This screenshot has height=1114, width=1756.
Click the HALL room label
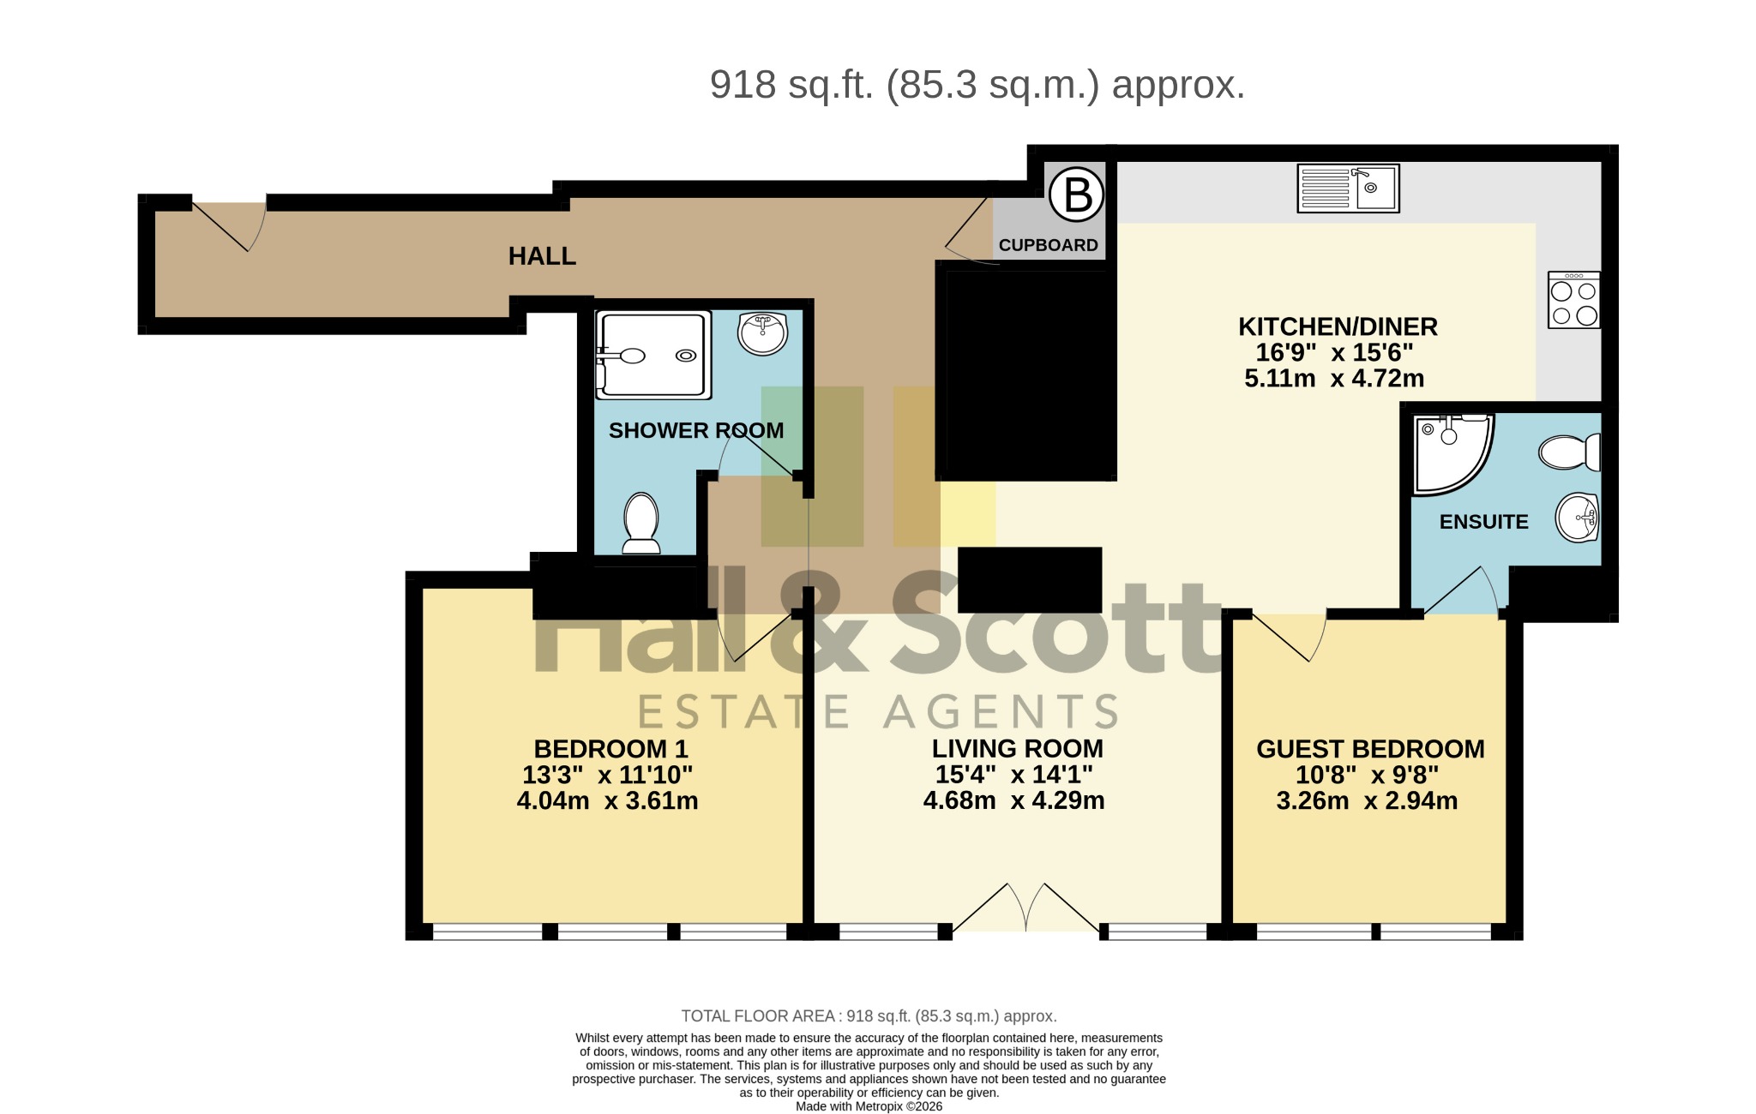(x=542, y=256)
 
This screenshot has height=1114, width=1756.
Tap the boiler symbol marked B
(x=1077, y=195)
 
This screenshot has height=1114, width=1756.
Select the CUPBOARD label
(x=1048, y=245)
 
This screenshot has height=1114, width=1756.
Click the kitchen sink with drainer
(x=1348, y=189)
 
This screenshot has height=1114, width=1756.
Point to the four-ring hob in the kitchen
(x=1574, y=300)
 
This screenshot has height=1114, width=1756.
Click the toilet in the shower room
(x=640, y=523)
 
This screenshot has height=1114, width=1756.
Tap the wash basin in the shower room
(x=763, y=333)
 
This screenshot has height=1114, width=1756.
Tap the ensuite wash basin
(x=1578, y=518)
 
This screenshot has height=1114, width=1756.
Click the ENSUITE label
(x=1483, y=522)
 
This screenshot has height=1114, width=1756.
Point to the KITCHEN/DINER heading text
(x=1338, y=326)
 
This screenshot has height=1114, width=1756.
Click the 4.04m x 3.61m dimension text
(x=607, y=801)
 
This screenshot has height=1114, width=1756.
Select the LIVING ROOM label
(x=1017, y=748)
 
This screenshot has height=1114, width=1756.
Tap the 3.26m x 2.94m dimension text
(x=1367, y=801)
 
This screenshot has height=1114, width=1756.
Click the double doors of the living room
(x=1025, y=907)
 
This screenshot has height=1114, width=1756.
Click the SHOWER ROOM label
(x=696, y=430)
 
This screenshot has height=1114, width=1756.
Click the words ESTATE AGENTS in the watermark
(x=879, y=712)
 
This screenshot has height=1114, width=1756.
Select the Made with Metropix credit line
(x=869, y=1106)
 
